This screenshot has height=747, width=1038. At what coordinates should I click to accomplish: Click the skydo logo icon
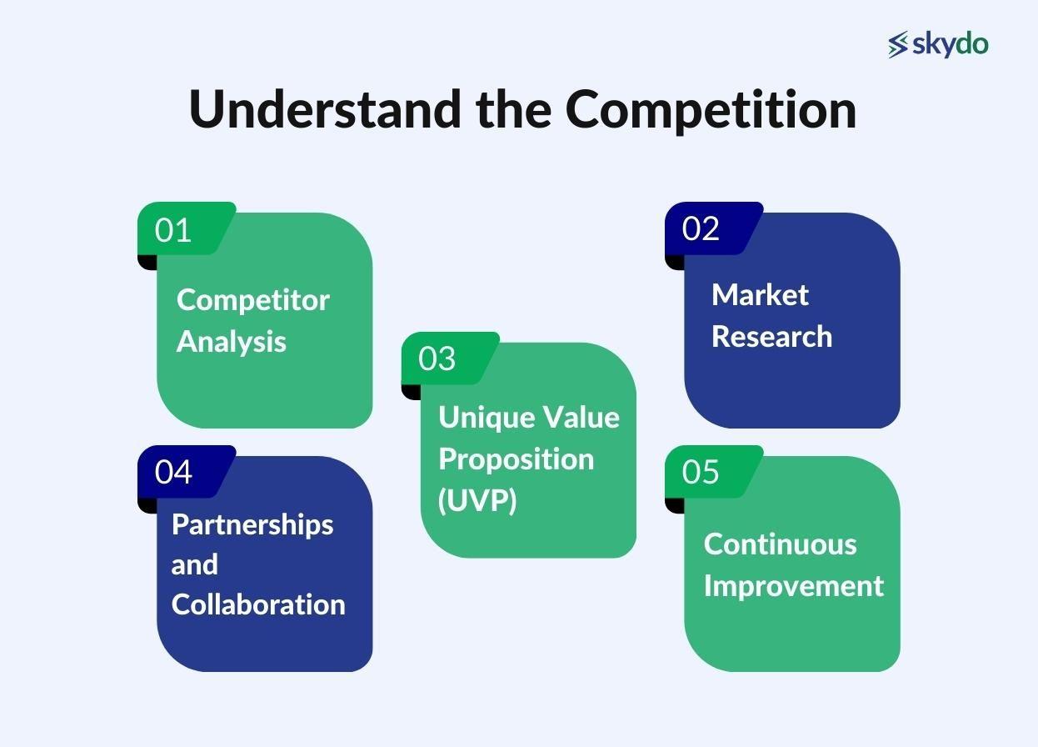click(898, 44)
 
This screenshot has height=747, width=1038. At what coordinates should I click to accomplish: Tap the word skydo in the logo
click(950, 43)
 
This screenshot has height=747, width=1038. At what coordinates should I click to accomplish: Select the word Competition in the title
click(711, 109)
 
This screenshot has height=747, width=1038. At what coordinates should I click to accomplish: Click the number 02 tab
click(701, 228)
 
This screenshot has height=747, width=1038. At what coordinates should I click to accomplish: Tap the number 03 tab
click(437, 358)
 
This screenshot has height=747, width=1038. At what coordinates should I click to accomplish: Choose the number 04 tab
click(173, 472)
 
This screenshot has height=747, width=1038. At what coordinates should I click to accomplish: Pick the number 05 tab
click(701, 472)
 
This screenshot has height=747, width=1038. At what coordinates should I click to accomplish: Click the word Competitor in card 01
click(253, 300)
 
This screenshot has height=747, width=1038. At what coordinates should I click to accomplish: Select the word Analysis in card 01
click(232, 341)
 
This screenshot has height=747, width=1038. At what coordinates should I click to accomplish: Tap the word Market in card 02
click(760, 294)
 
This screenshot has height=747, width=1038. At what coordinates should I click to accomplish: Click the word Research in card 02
click(771, 336)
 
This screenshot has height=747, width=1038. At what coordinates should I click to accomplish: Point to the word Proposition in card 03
click(516, 459)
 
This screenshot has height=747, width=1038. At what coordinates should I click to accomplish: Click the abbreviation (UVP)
click(477, 500)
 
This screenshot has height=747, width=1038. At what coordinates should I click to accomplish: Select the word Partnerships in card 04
click(252, 524)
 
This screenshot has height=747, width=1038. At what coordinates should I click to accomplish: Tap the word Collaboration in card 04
click(258, 604)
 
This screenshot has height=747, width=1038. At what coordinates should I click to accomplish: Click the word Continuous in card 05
click(780, 544)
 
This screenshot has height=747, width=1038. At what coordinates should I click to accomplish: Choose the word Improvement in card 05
click(793, 585)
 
